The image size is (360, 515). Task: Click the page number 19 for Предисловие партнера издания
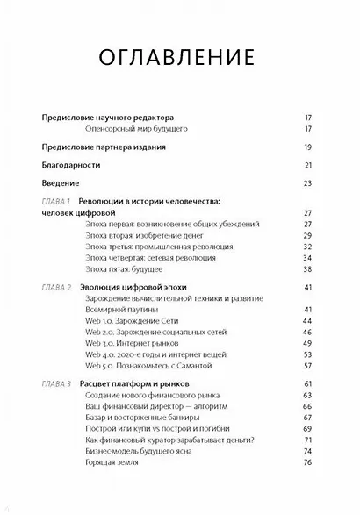coord(307,147)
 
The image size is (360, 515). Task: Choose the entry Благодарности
coord(71,165)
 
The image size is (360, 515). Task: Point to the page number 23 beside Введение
coord(307,183)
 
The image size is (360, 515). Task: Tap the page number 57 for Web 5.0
coord(307,365)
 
